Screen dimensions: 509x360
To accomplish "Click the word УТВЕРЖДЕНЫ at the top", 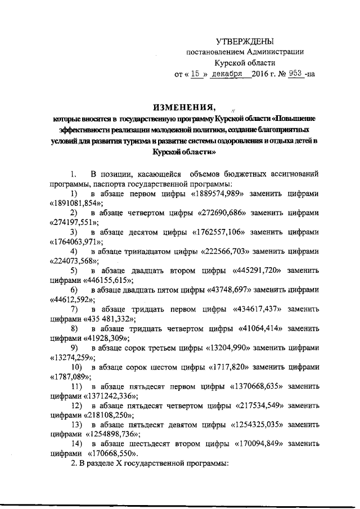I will (x=245, y=41).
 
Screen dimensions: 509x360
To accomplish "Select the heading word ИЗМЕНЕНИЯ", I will (x=183, y=107).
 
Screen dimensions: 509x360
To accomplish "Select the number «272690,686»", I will (x=229, y=213).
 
